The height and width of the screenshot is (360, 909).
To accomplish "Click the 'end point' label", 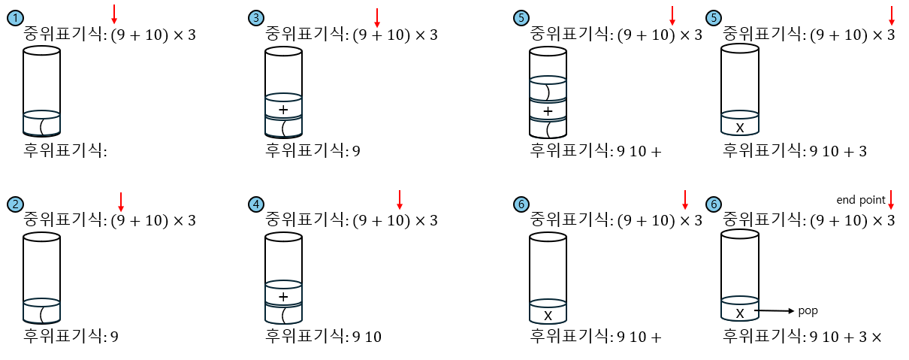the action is (861, 200).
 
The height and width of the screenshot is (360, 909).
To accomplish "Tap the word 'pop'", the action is (808, 310).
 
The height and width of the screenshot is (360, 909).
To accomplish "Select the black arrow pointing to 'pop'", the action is (774, 310).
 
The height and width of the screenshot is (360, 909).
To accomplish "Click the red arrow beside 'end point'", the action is (891, 199).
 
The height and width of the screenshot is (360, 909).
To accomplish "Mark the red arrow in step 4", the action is (400, 199).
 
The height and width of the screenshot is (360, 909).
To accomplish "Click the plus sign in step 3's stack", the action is (283, 110).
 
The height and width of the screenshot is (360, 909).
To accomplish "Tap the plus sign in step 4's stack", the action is (283, 297).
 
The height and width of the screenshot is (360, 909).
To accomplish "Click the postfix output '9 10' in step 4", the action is (367, 337).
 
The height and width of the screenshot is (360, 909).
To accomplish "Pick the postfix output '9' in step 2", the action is (114, 337).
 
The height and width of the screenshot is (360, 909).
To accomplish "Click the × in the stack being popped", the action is (740, 313).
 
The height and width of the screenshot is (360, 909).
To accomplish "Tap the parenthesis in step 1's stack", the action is (42, 125).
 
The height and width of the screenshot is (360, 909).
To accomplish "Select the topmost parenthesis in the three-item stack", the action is (547, 92).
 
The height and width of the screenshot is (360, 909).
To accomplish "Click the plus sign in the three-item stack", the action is (548, 111).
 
